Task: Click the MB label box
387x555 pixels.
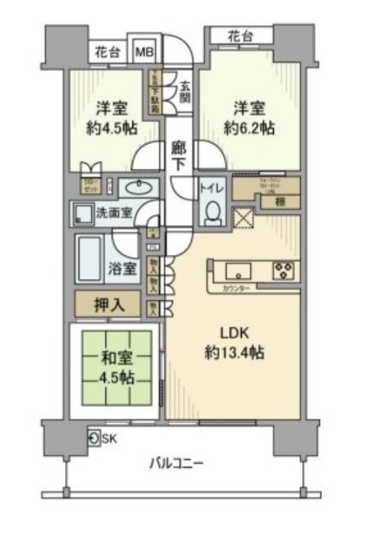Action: pos(141,51)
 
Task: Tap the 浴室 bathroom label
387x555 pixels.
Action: pos(123,267)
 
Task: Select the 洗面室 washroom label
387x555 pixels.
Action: pos(114,210)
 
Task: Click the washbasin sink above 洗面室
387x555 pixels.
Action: pos(134,187)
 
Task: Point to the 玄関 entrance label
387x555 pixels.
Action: pos(186,88)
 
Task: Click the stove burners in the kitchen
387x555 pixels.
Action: pos(283,267)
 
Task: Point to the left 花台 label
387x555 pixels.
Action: pos(107,51)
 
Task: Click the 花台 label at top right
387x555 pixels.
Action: pos(240,36)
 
